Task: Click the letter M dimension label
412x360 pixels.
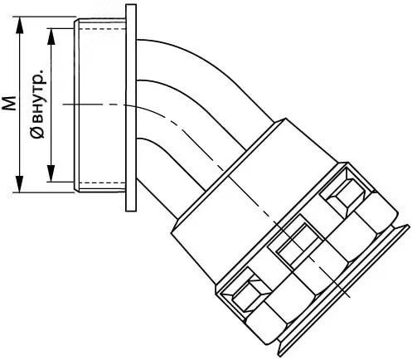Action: [10, 104]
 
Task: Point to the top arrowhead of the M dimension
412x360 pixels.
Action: [19, 25]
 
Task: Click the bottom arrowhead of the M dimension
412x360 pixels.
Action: [19, 184]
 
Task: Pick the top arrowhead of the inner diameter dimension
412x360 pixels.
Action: [51, 36]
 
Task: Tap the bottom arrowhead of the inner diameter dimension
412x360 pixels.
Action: [51, 173]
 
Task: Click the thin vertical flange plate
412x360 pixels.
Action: [131, 108]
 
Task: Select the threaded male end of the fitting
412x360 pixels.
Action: [99, 105]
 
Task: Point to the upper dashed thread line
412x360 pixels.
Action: [101, 29]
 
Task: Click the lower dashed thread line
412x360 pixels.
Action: [101, 183]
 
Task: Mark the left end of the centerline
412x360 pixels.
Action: [63, 105]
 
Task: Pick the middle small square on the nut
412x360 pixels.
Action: [297, 243]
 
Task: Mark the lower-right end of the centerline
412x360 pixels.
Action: [351, 298]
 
